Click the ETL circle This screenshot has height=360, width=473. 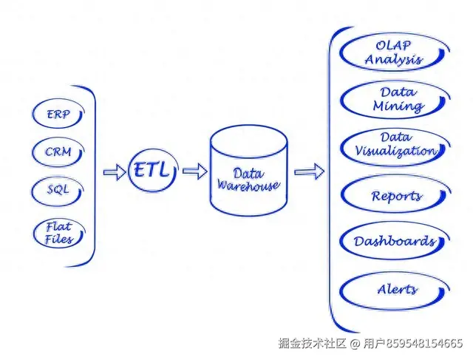click(x=152, y=172)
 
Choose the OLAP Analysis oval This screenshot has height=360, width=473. click(x=394, y=54)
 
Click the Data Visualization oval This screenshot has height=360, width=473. click(x=395, y=145)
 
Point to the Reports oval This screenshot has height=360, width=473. click(x=395, y=196)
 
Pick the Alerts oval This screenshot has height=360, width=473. click(x=395, y=289)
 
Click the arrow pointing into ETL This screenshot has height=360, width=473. click(x=115, y=172)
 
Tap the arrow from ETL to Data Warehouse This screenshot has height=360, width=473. click(x=194, y=171)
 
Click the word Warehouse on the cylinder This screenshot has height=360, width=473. click(x=248, y=186)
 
